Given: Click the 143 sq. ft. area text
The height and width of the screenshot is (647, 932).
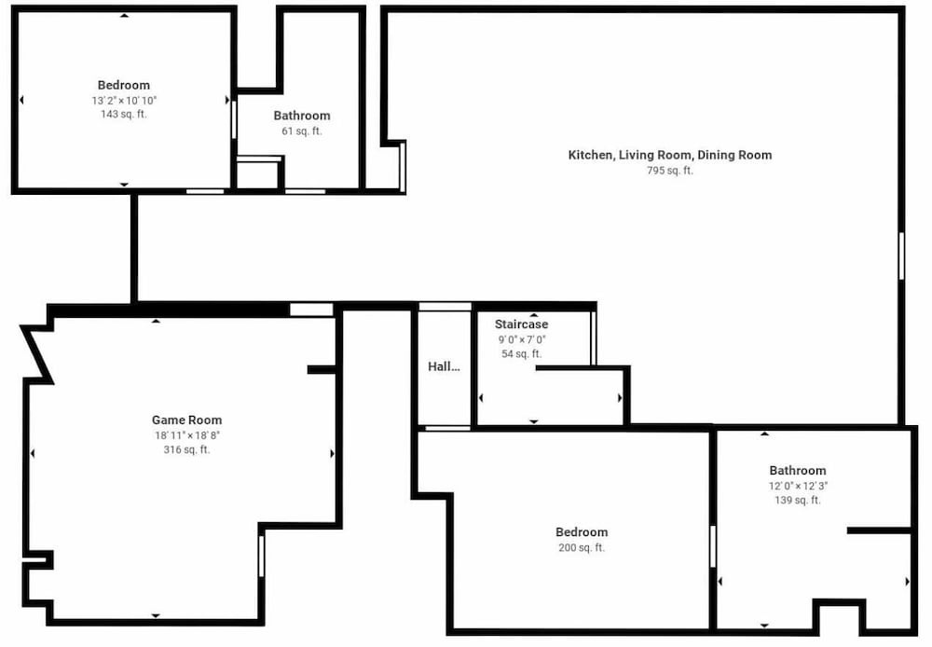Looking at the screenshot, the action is (x=124, y=114).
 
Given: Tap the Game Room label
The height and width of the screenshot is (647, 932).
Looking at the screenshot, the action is (x=186, y=420).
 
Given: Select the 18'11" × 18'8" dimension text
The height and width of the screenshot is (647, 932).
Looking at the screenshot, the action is (x=187, y=435).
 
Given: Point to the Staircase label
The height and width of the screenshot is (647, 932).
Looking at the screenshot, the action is (x=521, y=324).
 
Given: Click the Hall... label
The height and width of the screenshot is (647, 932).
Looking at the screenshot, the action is (x=444, y=366).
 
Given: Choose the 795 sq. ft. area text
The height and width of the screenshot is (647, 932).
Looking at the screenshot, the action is (x=670, y=171).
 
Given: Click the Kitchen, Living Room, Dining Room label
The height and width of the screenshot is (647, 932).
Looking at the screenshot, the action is (x=670, y=155).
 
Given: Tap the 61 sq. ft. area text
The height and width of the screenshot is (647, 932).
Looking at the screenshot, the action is (x=302, y=131).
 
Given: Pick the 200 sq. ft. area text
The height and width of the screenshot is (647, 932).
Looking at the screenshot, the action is (x=582, y=547).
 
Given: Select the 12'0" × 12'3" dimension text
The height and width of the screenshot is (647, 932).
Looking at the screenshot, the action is (x=798, y=486).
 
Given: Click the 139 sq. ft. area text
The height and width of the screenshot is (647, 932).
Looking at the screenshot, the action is (x=798, y=501).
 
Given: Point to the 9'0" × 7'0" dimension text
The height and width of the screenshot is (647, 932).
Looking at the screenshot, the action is (x=521, y=339).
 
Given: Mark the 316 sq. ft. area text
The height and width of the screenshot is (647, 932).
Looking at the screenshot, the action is (x=187, y=450).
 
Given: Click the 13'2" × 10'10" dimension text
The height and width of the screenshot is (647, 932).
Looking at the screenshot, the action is (x=124, y=100).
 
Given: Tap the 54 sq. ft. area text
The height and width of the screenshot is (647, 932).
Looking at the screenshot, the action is (x=521, y=354).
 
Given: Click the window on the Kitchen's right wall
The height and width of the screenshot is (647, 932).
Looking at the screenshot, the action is (x=901, y=255).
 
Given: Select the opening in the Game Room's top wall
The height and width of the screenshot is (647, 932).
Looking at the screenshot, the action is (x=311, y=310).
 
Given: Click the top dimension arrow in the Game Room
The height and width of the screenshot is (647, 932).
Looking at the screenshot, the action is (x=156, y=321).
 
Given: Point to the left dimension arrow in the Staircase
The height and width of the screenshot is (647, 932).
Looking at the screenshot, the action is (x=481, y=398).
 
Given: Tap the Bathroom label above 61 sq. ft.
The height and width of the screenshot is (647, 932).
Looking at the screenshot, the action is (x=302, y=116).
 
